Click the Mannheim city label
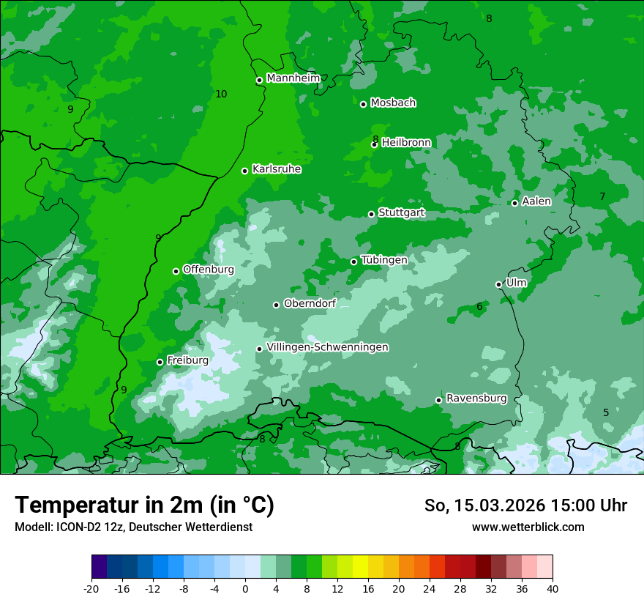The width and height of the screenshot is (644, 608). click(293, 78)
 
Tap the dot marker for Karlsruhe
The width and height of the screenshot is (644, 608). click(245, 171)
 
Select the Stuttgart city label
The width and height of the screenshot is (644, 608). click(401, 213)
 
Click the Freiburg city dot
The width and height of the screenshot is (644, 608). click(160, 362)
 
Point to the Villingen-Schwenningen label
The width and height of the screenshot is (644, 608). click(327, 347)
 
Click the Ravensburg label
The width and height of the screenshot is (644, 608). click(476, 398)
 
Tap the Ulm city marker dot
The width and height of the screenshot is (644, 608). click(498, 284)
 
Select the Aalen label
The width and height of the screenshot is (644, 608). click(536, 201)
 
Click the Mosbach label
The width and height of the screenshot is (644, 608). click(393, 103)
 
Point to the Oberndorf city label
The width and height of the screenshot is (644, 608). click(310, 303)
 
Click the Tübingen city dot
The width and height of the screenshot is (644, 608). click(354, 262)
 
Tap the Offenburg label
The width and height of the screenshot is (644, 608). click(209, 270)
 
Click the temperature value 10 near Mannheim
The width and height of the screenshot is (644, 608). click(221, 94)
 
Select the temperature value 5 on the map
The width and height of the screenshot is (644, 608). click(606, 412)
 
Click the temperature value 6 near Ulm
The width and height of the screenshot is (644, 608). click(479, 306)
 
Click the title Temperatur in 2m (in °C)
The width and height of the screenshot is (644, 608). click(144, 505)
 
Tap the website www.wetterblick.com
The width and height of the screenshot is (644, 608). click(528, 527)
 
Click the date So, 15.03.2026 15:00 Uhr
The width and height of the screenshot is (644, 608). click(525, 505)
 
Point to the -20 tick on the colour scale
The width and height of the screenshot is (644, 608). click(91, 588)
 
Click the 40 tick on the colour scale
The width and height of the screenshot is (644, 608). click(553, 588)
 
